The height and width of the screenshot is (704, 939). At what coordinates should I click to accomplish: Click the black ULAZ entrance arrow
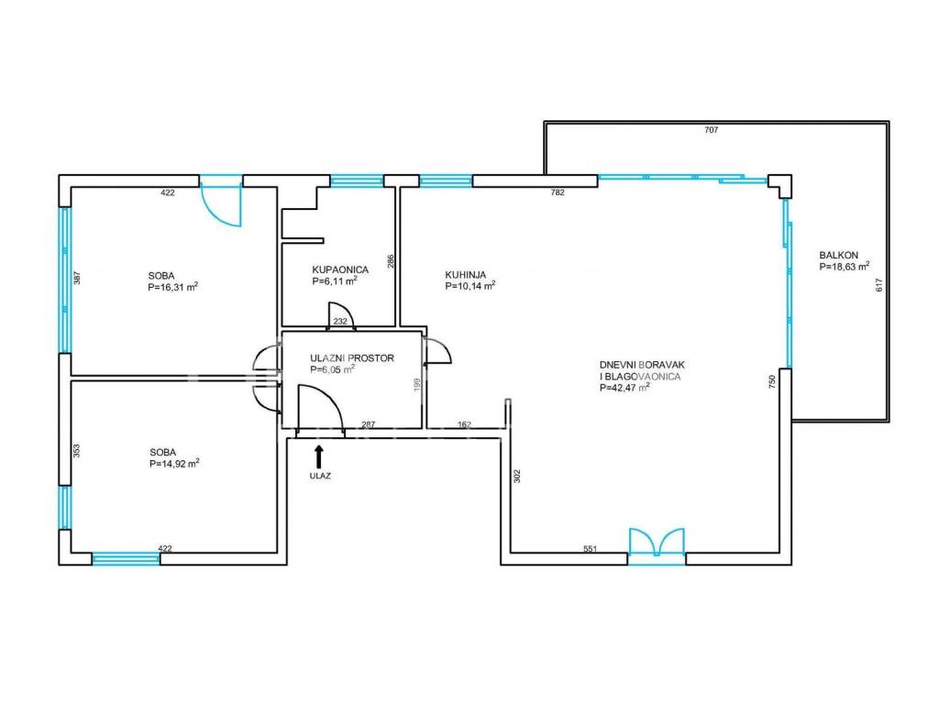coord(318,456)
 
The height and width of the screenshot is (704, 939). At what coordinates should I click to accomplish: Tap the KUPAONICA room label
coord(340,270)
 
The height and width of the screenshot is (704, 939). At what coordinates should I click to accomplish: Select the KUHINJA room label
coord(465,275)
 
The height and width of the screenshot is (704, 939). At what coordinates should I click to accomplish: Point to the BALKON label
coord(838,255)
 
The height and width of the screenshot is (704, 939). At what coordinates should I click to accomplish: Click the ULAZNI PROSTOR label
coord(352,358)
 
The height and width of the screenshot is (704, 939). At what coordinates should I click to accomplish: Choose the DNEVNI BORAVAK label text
coord(642,365)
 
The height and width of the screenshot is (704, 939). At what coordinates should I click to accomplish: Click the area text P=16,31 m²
coord(173,287)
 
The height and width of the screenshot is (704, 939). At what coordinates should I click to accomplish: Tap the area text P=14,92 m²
coord(174,463)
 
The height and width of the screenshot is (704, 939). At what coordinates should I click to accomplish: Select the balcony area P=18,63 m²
coord(845,267)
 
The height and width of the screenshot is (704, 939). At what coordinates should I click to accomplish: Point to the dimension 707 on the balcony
coord(712,130)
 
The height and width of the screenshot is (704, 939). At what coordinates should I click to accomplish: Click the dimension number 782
coord(558,192)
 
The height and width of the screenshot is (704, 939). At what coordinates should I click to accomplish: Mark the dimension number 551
coord(591,548)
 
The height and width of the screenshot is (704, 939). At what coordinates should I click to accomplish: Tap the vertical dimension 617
coord(879,285)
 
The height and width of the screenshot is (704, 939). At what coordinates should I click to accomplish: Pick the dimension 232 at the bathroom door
coord(340,322)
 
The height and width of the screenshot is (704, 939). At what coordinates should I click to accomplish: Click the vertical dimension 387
coord(77,278)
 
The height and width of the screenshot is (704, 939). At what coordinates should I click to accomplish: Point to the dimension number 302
coord(517,476)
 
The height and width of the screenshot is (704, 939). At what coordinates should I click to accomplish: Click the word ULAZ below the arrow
coord(320,477)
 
